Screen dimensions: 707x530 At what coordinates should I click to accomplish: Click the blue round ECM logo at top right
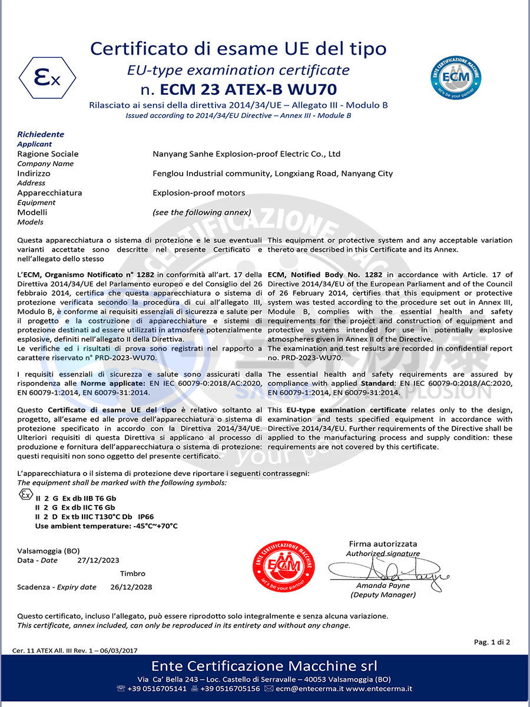click(456, 76)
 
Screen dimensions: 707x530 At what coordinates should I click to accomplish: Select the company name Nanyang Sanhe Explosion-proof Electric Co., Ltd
click(246, 154)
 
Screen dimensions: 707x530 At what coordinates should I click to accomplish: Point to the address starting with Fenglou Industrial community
click(272, 174)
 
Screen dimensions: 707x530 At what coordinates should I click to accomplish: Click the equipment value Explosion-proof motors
click(198, 193)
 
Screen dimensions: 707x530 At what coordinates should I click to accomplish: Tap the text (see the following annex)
click(201, 212)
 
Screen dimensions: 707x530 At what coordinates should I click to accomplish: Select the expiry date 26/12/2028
click(131, 587)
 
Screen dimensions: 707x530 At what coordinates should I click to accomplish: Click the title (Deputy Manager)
click(383, 594)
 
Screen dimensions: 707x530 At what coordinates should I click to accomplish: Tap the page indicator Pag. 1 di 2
click(492, 642)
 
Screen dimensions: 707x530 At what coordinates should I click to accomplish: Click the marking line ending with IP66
click(94, 516)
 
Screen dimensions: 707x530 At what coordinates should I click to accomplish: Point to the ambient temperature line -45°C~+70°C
click(106, 526)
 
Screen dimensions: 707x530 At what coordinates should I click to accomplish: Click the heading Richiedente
click(40, 134)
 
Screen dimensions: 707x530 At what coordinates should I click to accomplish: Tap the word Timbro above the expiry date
click(132, 573)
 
